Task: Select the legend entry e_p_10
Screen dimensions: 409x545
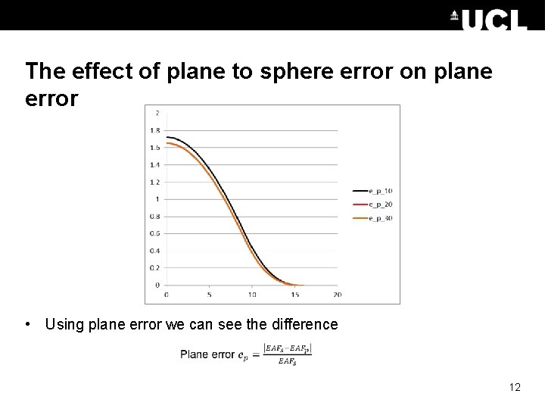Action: click(380, 190)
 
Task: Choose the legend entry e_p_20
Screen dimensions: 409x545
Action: click(380, 204)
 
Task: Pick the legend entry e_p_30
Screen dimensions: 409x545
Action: click(380, 218)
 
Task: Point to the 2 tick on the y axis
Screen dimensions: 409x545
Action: click(157, 114)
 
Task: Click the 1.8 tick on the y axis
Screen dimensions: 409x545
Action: click(155, 130)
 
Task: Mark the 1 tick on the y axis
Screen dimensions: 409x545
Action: click(157, 199)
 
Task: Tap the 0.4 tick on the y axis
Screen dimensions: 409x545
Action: click(155, 251)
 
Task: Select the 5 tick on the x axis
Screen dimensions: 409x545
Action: click(209, 294)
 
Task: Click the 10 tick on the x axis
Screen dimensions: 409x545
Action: click(252, 294)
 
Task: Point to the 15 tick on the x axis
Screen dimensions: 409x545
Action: click(294, 294)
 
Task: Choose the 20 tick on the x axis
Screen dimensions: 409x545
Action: click(338, 294)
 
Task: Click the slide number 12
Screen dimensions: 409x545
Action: click(515, 388)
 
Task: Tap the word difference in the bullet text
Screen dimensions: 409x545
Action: click(304, 324)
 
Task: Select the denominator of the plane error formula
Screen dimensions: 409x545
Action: click(287, 362)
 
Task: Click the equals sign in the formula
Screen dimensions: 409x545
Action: click(255, 354)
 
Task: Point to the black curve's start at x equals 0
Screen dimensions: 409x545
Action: click(167, 137)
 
